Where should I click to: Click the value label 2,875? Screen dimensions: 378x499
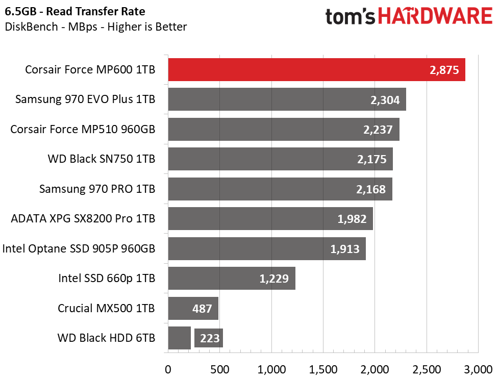tap(444, 70)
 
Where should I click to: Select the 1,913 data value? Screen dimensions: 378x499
tap(345, 249)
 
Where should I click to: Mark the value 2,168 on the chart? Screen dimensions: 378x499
tap(371, 189)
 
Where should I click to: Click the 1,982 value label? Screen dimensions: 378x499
tap(352, 219)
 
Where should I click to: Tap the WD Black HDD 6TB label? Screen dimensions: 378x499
tap(106, 338)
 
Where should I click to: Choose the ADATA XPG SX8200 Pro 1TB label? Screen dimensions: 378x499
tap(83, 219)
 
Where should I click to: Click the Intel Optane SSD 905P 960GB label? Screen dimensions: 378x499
tap(79, 248)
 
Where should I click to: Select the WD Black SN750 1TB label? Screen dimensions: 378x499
tap(102, 159)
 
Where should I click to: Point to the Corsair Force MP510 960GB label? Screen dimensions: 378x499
tap(83, 129)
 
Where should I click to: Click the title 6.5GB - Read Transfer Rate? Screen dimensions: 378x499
tap(75, 11)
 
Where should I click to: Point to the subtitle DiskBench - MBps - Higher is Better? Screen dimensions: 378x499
tap(96, 27)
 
